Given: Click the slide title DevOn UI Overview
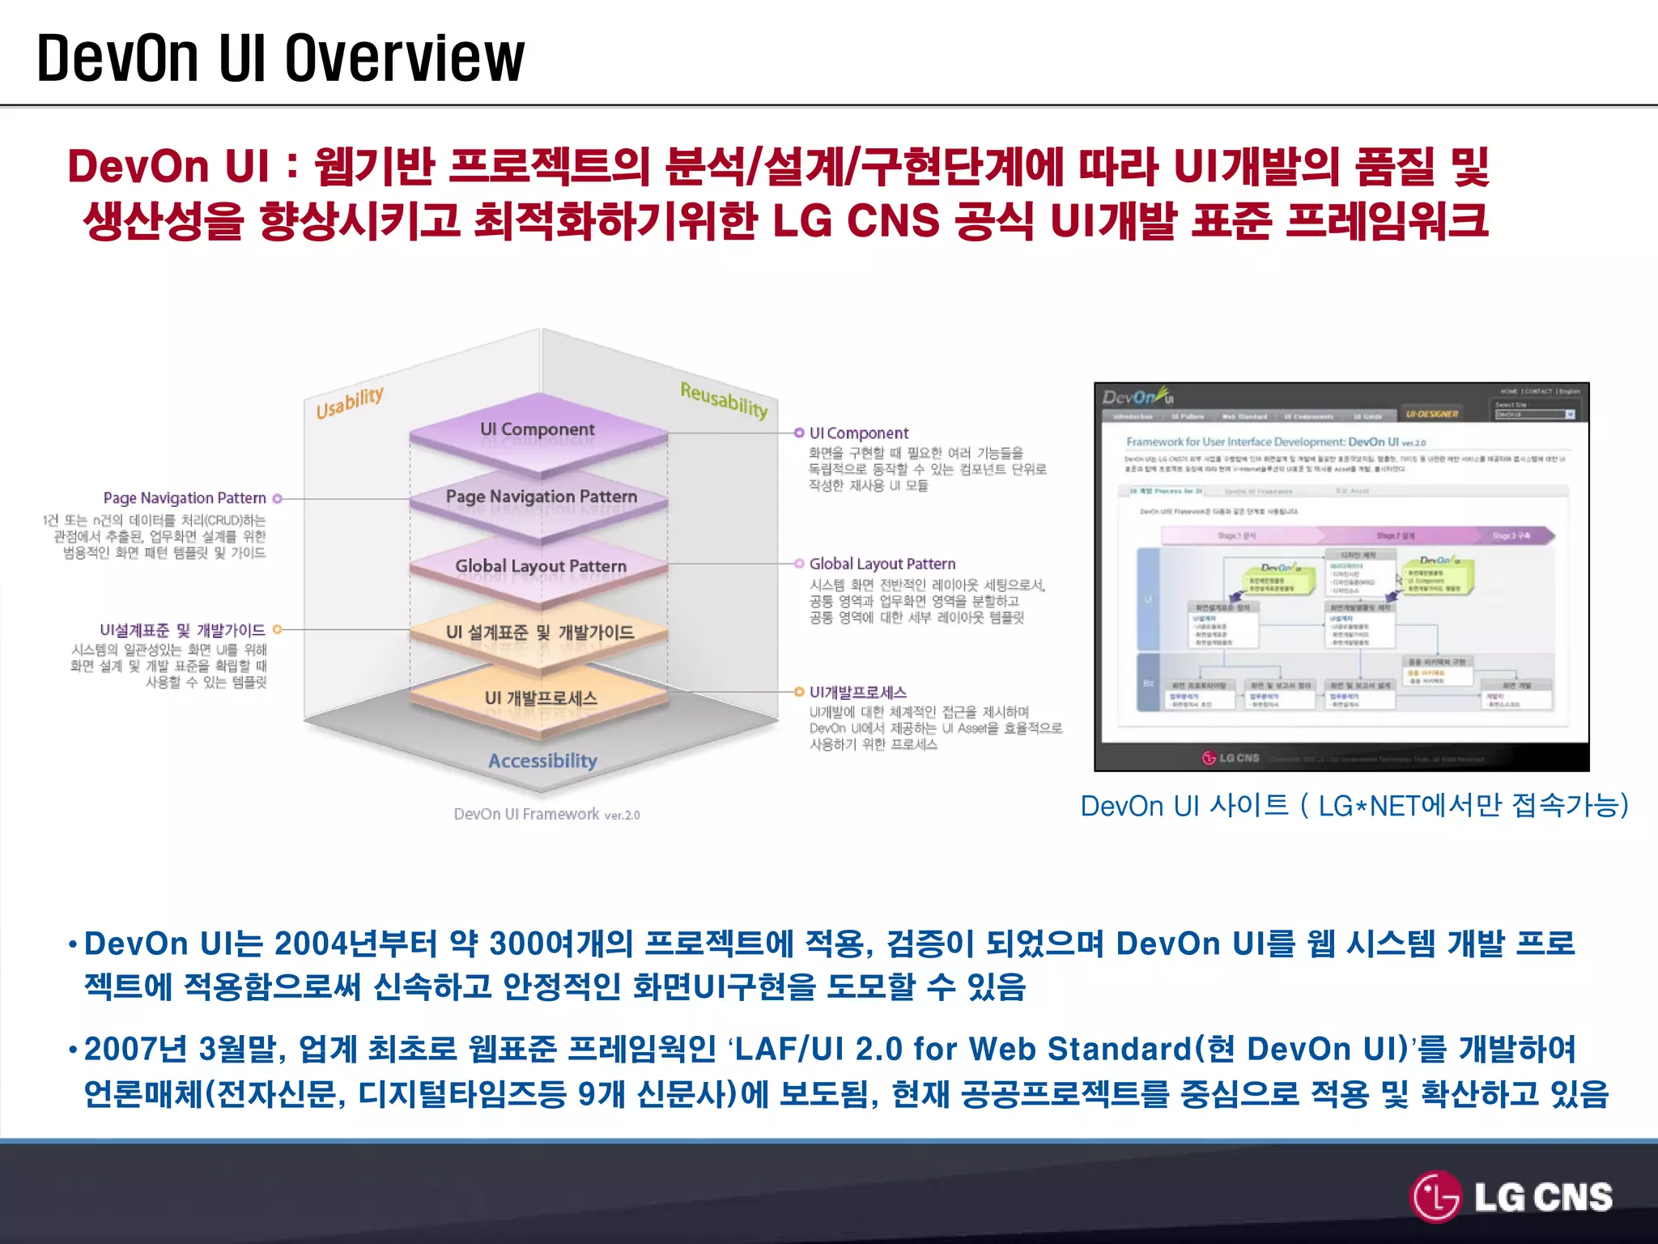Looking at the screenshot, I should click(x=280, y=58).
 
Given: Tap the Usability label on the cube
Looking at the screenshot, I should click(x=349, y=403).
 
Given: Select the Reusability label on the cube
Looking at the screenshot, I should click(x=723, y=399).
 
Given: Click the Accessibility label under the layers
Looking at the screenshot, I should click(x=542, y=760).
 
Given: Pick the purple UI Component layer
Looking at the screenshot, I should click(x=538, y=430).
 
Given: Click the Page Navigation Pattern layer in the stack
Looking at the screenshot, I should click(x=541, y=496).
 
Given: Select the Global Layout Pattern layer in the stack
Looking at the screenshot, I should click(x=540, y=566).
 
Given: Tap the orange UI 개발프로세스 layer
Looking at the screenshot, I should click(x=541, y=698).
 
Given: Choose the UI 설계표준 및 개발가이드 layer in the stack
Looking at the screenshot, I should click(x=540, y=633).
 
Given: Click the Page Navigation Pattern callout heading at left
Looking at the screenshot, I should click(x=185, y=498).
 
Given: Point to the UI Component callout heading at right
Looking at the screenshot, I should click(x=858, y=433).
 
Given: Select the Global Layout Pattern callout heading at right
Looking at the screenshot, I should click(x=882, y=564).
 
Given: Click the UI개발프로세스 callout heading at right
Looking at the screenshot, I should click(x=857, y=692).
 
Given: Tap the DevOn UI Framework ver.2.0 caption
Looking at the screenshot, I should click(x=546, y=814).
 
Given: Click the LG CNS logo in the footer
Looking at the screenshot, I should click(x=1511, y=1197).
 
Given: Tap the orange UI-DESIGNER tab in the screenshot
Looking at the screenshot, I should click(x=1431, y=414).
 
